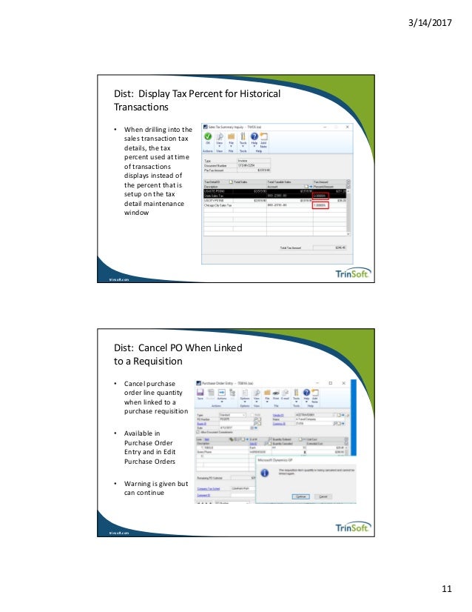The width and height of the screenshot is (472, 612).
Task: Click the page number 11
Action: (x=445, y=588)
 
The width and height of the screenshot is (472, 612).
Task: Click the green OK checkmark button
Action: (x=209, y=139)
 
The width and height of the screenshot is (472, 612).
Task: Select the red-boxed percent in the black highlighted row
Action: (x=320, y=195)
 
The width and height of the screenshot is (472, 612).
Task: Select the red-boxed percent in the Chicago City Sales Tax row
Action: (x=320, y=205)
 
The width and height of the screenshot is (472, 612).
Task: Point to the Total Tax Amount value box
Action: (x=331, y=248)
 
